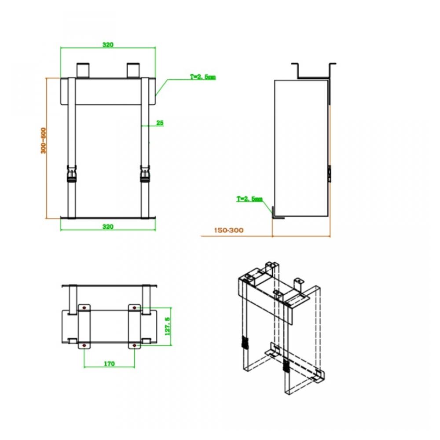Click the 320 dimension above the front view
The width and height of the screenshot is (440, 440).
(x=108, y=44)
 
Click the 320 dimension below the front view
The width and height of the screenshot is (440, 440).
(x=108, y=227)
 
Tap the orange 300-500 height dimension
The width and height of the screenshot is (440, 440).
(x=43, y=141)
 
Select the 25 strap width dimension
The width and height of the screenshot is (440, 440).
(x=160, y=123)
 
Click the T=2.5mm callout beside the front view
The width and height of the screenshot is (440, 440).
(x=203, y=77)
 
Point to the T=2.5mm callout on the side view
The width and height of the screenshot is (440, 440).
(x=249, y=199)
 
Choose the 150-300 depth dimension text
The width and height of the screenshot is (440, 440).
(x=229, y=231)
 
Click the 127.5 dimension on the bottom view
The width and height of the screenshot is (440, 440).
(x=168, y=326)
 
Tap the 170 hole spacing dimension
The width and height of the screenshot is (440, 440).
(x=109, y=364)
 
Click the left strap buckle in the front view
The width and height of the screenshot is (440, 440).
(x=72, y=174)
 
